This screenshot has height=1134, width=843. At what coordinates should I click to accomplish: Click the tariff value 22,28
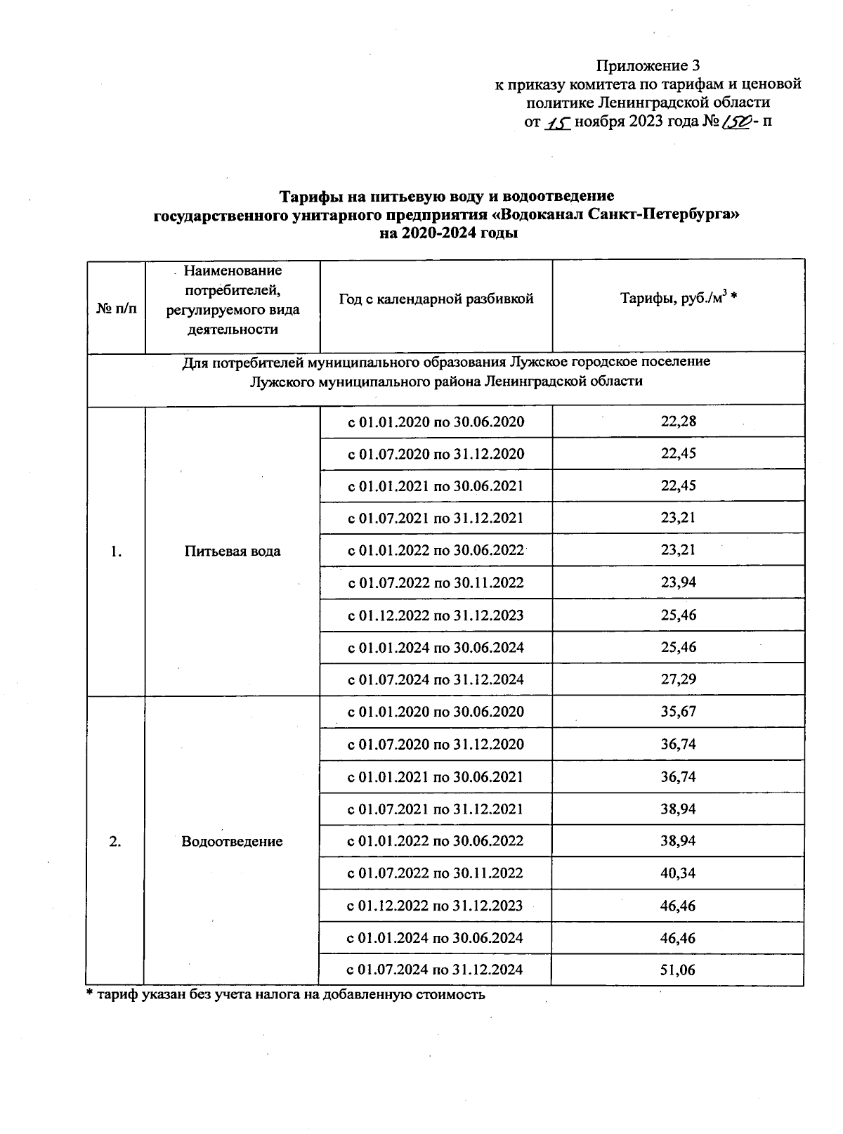[678, 422]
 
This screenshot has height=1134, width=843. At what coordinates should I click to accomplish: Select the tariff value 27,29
[678, 679]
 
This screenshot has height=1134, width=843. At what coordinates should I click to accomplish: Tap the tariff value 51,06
[678, 970]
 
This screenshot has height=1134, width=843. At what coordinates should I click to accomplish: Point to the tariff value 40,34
[678, 873]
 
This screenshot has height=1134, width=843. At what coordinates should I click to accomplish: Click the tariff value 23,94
[678, 582]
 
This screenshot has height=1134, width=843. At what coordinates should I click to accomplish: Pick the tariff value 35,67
[678, 712]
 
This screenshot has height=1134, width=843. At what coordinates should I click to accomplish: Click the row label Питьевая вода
[232, 551]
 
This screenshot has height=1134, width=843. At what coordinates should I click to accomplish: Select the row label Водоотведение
[232, 841]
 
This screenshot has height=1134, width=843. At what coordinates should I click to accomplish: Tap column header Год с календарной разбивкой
[436, 299]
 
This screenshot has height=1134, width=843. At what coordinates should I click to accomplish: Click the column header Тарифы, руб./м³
[678, 299]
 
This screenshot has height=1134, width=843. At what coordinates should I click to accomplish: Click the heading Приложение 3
[648, 66]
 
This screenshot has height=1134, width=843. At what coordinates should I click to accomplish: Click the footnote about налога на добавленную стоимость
[285, 995]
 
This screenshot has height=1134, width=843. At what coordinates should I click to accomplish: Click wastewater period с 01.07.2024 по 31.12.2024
[436, 970]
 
